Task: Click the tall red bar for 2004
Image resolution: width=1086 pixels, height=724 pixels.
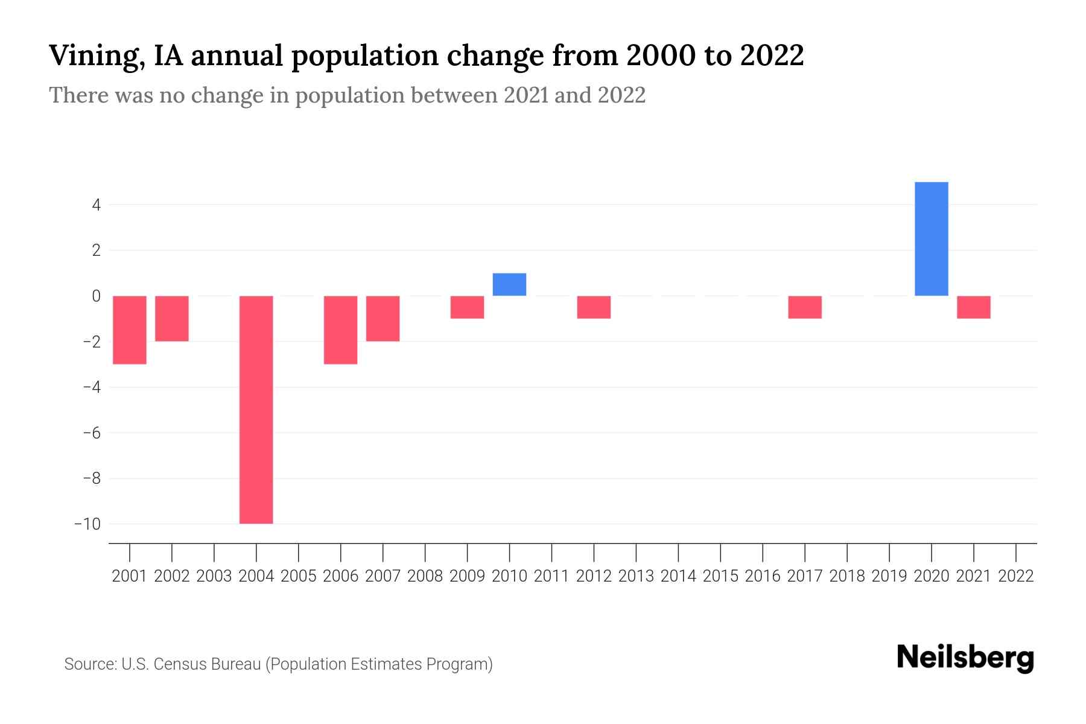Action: (256, 409)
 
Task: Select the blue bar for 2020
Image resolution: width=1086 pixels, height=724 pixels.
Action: (931, 239)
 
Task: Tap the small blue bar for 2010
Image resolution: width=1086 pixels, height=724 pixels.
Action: (509, 284)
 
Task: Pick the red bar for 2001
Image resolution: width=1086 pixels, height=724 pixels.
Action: (130, 329)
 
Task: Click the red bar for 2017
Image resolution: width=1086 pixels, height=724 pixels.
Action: (805, 307)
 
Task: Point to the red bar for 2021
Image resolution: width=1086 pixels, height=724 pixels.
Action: (973, 307)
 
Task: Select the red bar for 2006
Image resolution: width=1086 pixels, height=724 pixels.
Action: (340, 329)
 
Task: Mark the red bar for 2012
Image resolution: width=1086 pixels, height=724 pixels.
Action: (594, 307)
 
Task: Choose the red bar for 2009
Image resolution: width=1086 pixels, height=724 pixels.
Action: (467, 307)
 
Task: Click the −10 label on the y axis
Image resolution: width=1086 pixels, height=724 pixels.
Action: (87, 524)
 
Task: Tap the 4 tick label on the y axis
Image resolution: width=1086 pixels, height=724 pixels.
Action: (96, 205)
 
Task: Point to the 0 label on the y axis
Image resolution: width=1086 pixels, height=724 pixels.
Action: (96, 296)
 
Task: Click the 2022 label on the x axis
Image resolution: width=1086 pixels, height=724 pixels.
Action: (1016, 576)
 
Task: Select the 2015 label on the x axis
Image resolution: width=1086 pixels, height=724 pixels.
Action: (720, 576)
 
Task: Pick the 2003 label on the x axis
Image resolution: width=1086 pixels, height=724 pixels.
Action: (214, 576)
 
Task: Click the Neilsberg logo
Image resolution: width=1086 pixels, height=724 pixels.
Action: (965, 658)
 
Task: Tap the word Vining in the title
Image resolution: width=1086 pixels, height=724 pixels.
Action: (95, 56)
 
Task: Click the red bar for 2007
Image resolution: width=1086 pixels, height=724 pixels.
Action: (383, 319)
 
